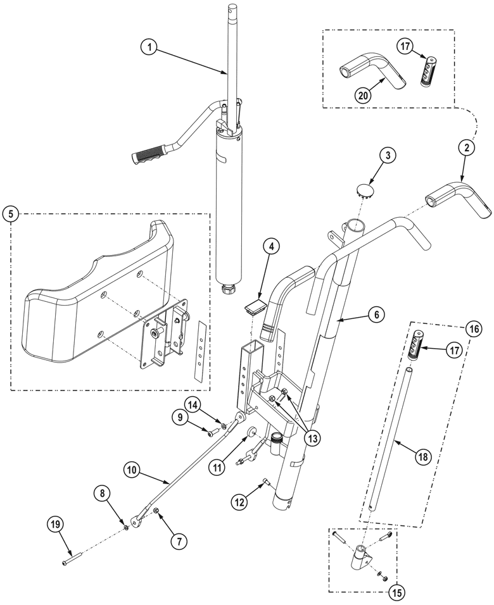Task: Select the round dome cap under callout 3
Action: pos(364,190)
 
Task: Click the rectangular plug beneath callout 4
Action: pos(255,308)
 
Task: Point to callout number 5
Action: pos(11,214)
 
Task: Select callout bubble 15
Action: pos(396,593)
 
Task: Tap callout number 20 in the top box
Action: pos(363,96)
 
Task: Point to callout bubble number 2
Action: pos(465,148)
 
